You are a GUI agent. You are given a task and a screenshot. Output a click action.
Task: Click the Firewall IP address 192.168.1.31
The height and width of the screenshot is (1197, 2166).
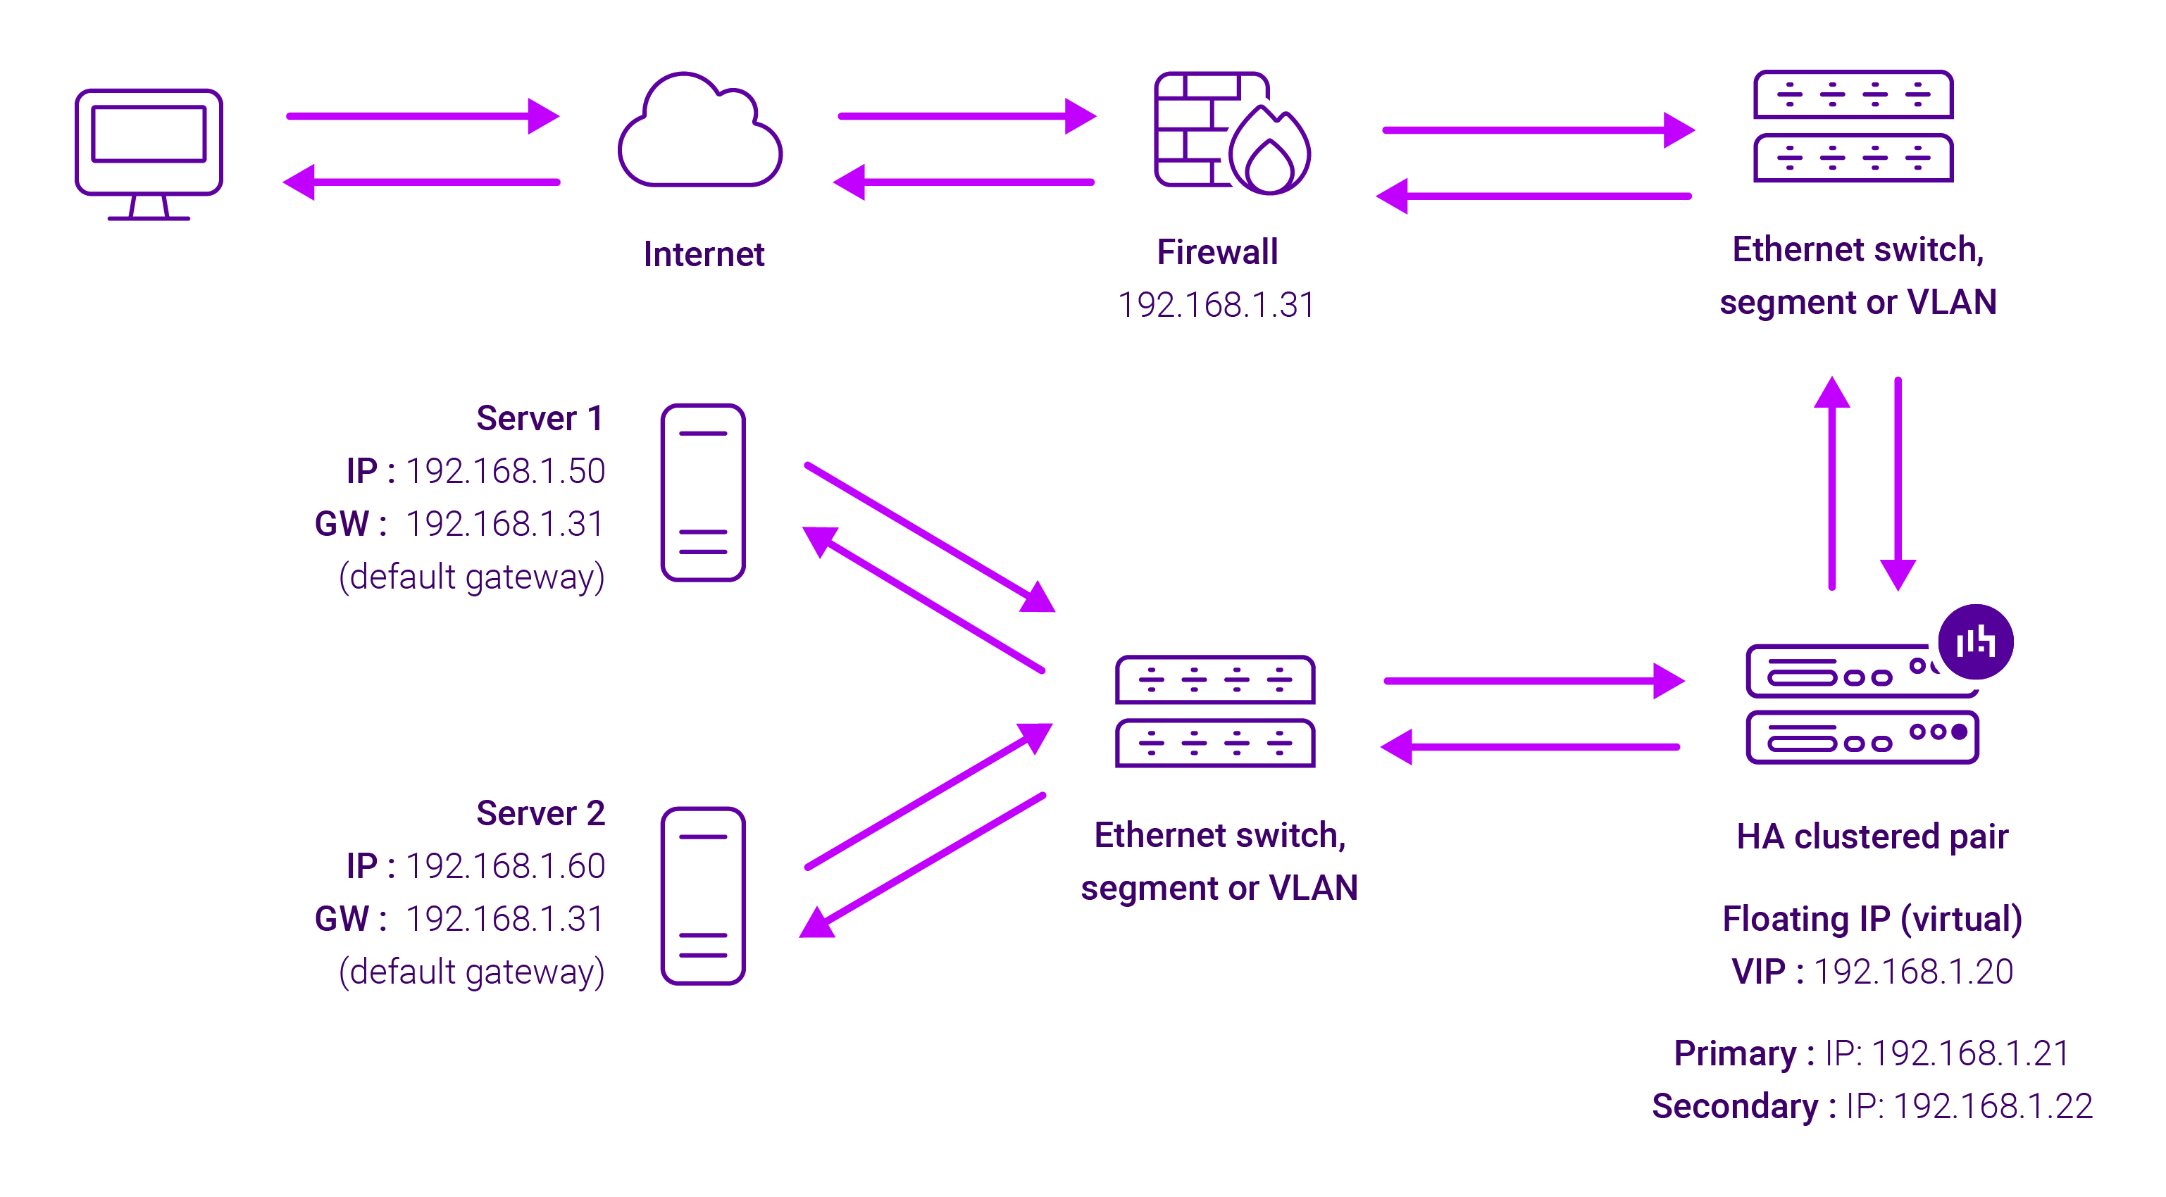(1216, 304)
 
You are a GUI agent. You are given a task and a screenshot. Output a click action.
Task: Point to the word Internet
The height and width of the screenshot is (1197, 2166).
(704, 254)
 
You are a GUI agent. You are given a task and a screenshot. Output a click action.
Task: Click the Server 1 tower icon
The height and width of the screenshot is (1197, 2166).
(703, 493)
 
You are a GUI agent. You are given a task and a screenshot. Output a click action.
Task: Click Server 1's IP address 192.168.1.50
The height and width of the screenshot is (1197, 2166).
(504, 471)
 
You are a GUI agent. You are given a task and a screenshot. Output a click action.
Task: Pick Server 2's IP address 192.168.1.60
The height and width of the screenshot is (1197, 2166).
(504, 866)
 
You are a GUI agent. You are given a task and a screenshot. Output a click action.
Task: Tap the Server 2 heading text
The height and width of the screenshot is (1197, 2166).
(540, 813)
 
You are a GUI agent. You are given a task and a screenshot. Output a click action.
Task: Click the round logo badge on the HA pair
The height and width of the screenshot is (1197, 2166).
(1975, 642)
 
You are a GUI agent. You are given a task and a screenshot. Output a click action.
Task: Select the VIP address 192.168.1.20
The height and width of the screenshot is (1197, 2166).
(1913, 972)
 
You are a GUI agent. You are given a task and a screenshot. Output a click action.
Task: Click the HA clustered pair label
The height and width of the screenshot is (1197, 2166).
(1872, 836)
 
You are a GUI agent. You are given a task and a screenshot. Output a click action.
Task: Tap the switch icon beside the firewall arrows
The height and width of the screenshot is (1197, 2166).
(1853, 127)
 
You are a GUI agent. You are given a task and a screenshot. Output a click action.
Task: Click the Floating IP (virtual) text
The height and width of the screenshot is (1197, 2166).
(1872, 919)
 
